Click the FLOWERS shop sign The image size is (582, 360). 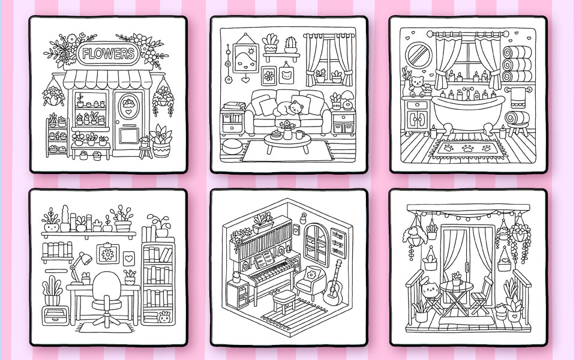(108, 53)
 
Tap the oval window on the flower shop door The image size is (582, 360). (129, 106)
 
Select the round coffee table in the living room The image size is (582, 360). (287, 143)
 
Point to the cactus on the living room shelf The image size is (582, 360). (290, 44)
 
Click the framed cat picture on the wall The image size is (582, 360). (286, 74)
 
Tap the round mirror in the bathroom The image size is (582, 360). (418, 56)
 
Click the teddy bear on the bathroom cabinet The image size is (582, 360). (417, 86)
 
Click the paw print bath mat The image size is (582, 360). (467, 148)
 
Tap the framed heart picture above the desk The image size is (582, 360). (129, 259)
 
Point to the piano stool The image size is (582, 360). (284, 300)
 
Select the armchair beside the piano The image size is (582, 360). (310, 283)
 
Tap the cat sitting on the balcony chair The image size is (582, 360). (430, 290)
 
